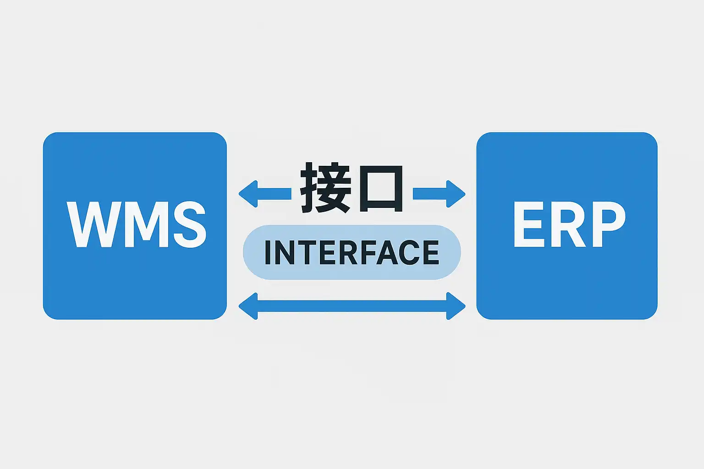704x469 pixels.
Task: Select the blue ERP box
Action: pyautogui.click(x=566, y=284)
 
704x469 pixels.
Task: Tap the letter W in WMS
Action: pyautogui.click(x=91, y=224)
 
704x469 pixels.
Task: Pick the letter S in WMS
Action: pyautogui.click(x=187, y=224)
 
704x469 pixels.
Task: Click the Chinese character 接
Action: pyautogui.click(x=325, y=188)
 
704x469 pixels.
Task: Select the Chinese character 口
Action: pyautogui.click(x=381, y=189)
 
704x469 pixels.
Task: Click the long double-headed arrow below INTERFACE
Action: pyautogui.click(x=352, y=306)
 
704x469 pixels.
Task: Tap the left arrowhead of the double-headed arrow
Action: pyautogui.click(x=248, y=306)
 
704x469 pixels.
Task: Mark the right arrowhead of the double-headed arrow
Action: pyautogui.click(x=456, y=306)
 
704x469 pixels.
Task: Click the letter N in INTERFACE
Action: pyautogui.click(x=285, y=252)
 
